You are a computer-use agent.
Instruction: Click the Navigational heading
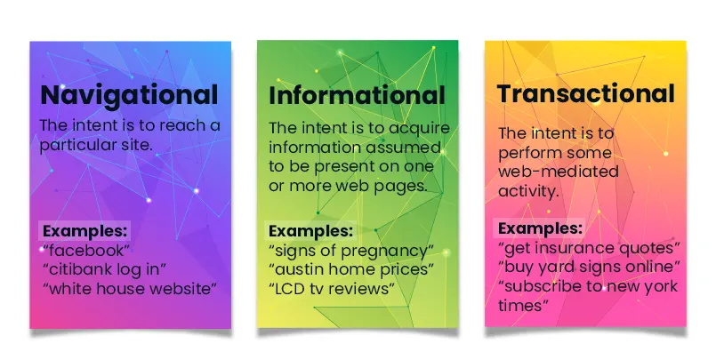click(x=129, y=94)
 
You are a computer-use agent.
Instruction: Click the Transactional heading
click(x=585, y=93)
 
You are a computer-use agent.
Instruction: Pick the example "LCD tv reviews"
click(x=332, y=288)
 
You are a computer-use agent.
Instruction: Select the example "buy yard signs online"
click(x=590, y=266)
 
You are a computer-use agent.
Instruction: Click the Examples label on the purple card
click(x=85, y=229)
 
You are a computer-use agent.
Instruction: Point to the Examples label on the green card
click(x=311, y=229)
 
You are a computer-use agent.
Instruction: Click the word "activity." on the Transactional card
click(x=527, y=191)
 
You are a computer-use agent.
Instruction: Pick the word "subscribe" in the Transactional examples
click(x=542, y=285)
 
